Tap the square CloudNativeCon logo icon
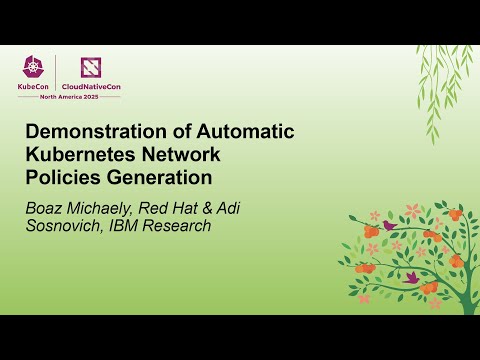(x=92, y=66)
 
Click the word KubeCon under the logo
(x=34, y=86)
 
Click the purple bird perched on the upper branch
(x=388, y=226)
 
